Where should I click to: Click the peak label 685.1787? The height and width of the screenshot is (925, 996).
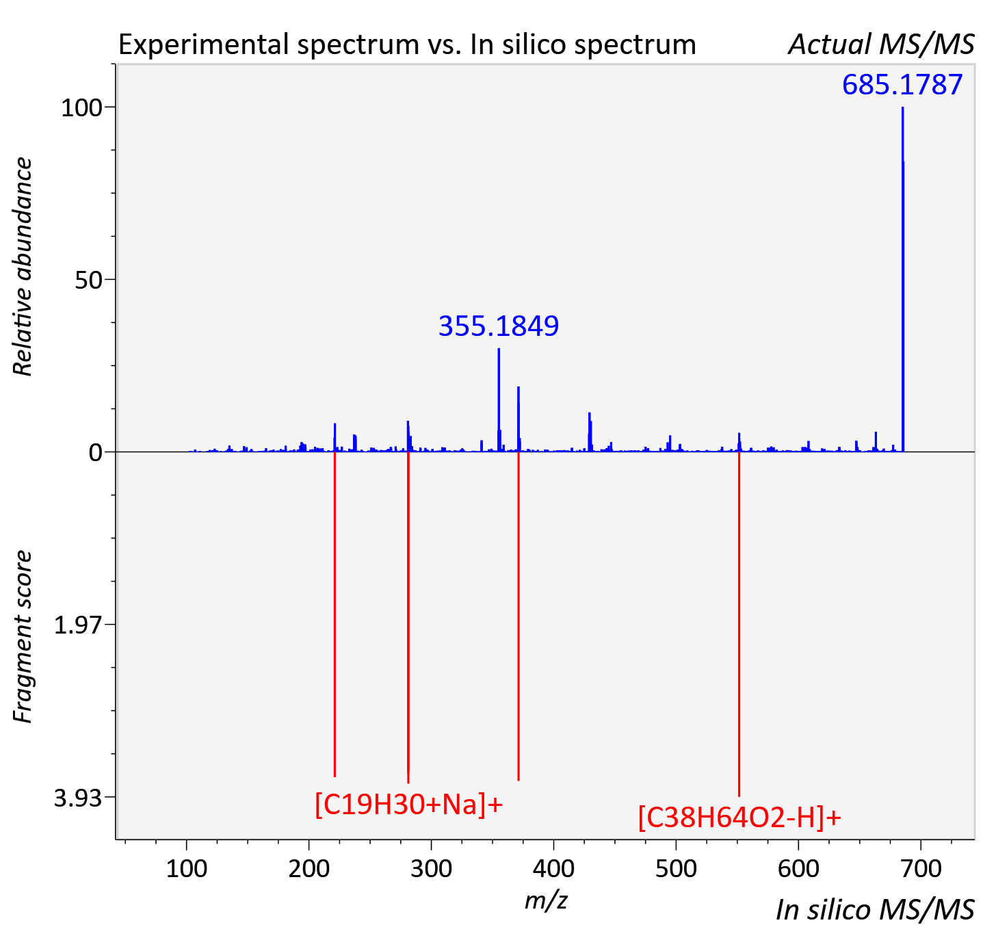902,84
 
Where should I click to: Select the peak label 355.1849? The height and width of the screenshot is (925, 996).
499,326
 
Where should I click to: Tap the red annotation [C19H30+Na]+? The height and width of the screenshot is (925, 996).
409,805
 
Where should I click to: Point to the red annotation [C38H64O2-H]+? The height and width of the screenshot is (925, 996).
739,818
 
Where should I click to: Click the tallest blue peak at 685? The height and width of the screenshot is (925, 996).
903,279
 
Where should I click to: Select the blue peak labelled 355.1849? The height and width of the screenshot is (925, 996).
499,400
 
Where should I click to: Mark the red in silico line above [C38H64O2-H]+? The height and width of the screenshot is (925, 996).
739,624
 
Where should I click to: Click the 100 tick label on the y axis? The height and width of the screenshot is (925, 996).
81,107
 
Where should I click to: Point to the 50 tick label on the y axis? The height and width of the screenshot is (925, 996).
88,280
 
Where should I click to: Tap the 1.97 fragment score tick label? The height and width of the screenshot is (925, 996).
78,625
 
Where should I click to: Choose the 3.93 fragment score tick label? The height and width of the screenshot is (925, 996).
78,798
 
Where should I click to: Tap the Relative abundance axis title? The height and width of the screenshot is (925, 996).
23,266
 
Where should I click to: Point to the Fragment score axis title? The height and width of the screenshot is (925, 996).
23,637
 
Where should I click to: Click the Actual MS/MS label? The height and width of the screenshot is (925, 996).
882,44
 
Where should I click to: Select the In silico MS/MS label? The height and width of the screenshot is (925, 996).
876,909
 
